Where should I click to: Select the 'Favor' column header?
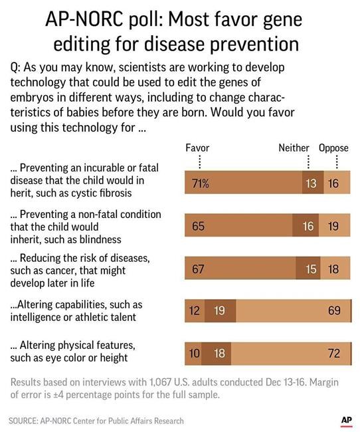(197, 148)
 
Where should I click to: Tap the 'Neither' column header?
(294, 148)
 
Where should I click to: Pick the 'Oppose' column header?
(333, 148)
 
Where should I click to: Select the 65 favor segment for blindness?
(238, 227)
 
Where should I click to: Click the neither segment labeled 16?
(308, 227)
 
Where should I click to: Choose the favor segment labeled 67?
(240, 269)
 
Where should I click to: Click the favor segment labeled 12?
(194, 310)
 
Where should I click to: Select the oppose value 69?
(333, 310)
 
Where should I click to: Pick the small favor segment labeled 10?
(193, 353)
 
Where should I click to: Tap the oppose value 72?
(333, 353)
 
